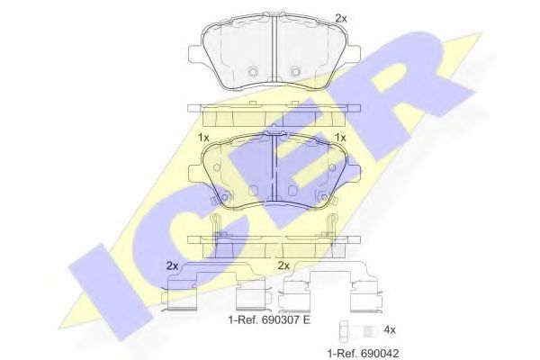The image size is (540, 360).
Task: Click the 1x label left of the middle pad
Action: [203, 137]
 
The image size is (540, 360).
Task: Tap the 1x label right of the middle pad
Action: [340, 137]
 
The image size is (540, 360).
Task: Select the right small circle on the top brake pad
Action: [294, 72]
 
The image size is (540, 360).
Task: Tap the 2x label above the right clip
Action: [283, 265]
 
